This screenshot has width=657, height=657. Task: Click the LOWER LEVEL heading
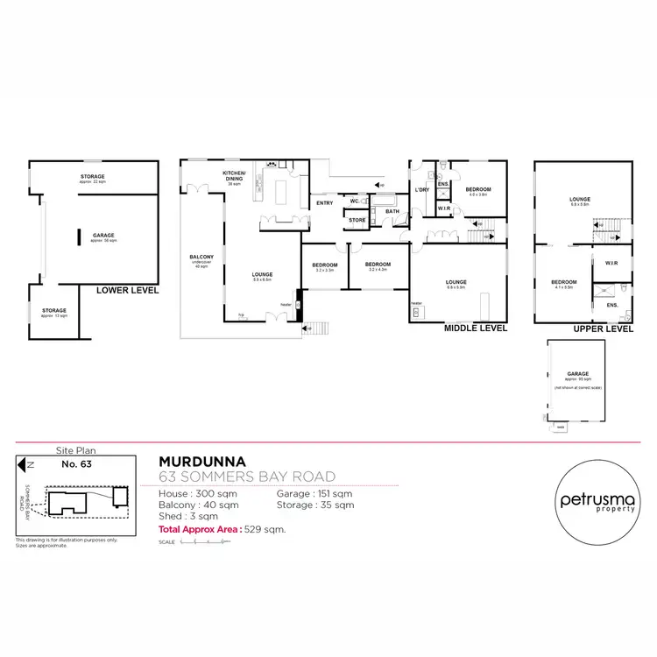tap(127, 289)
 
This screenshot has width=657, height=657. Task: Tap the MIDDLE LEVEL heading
tap(476, 328)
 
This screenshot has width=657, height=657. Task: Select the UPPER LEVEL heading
tap(603, 328)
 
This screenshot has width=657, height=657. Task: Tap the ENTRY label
tap(325, 203)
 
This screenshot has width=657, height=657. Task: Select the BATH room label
tap(392, 211)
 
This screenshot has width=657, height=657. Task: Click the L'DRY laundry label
tap(420, 190)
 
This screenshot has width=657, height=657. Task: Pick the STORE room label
tap(357, 220)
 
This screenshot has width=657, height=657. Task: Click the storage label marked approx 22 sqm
tap(93, 178)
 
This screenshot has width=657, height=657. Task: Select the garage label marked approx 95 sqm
tap(577, 375)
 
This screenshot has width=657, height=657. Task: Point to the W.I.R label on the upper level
tap(610, 262)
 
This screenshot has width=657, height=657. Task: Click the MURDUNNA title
tap(202, 460)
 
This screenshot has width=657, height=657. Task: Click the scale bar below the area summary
tap(203, 543)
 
